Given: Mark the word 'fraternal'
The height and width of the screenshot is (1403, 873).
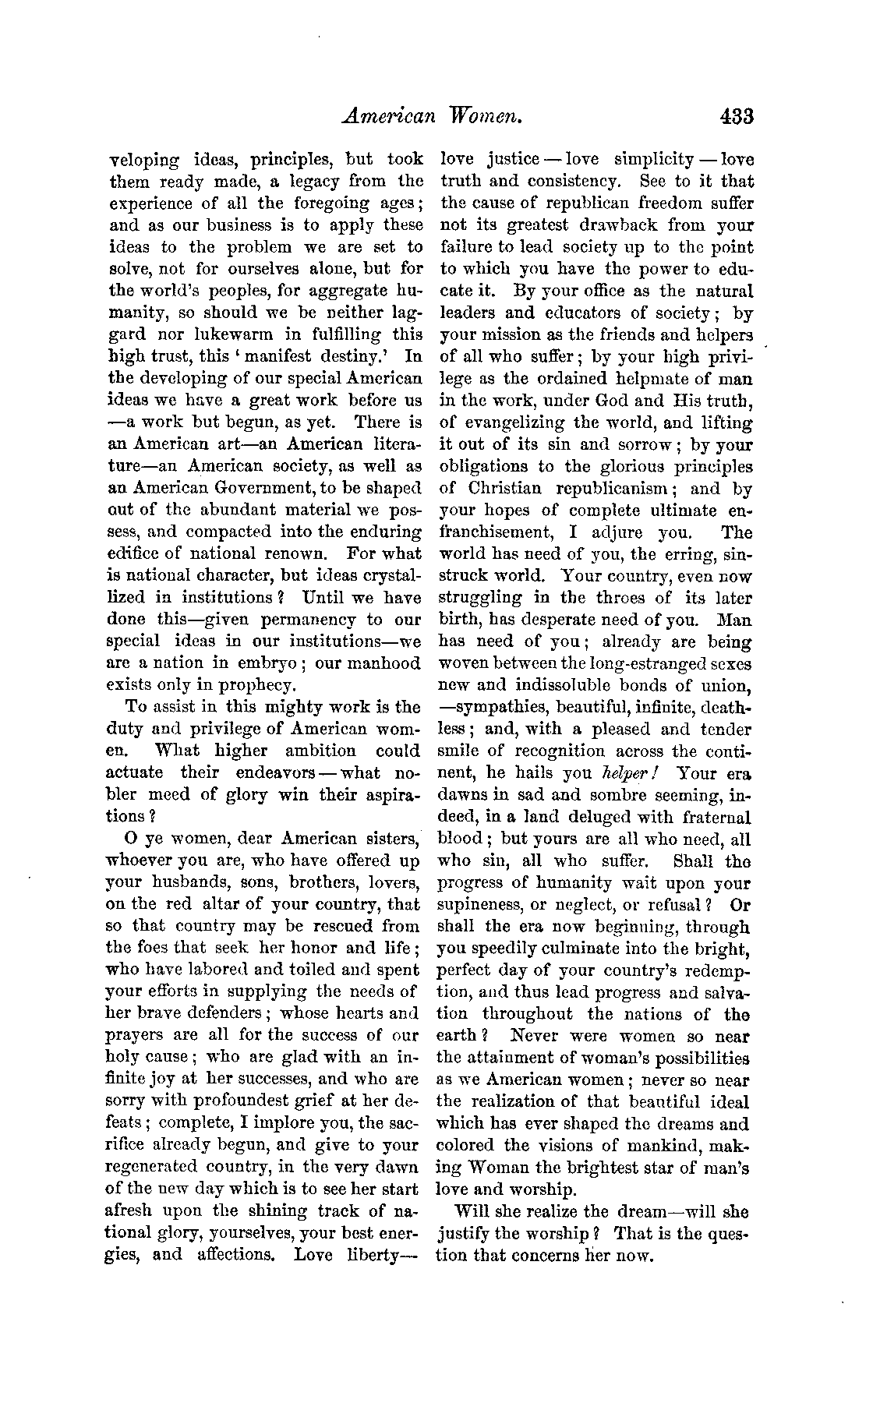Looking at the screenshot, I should [715, 818].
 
